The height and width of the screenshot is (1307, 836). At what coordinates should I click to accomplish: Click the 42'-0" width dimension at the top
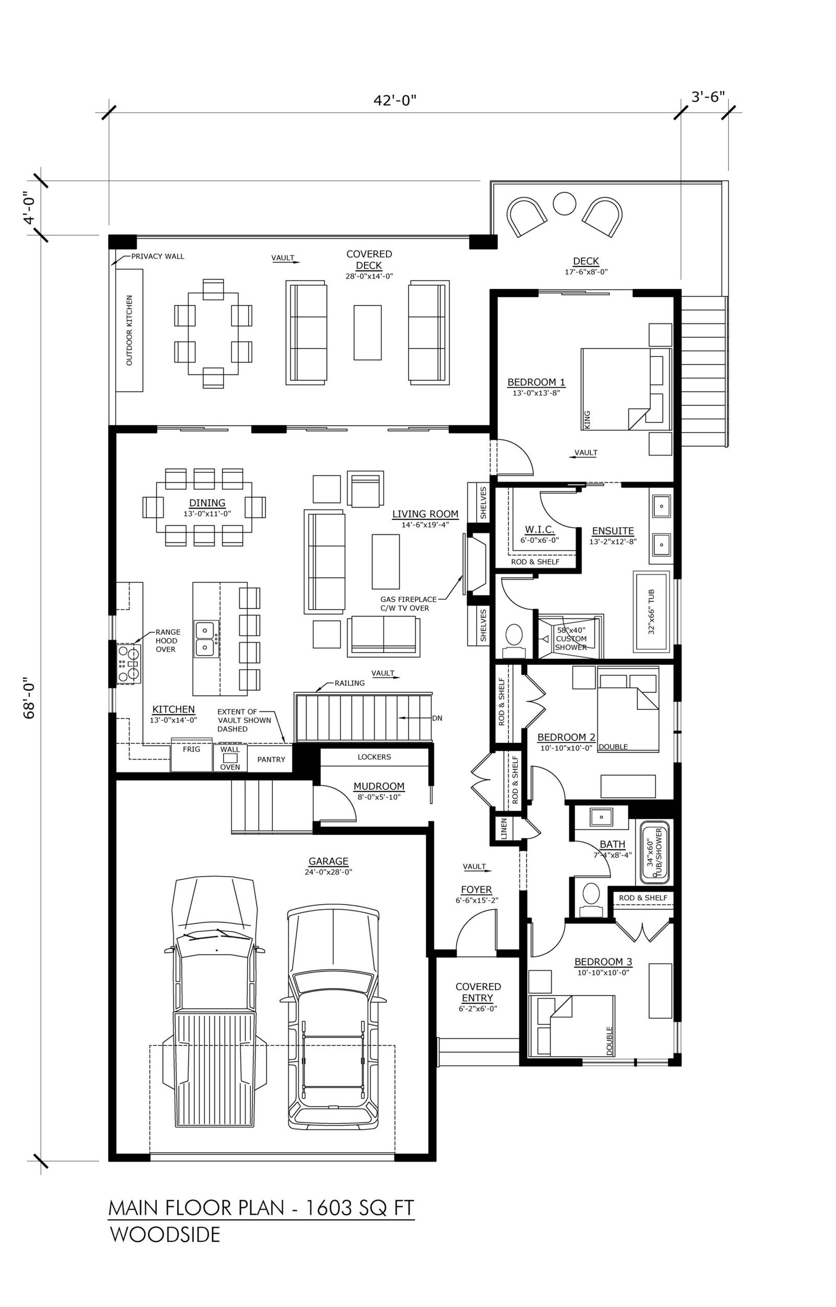[394, 100]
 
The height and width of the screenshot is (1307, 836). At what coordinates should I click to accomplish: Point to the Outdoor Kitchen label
[129, 330]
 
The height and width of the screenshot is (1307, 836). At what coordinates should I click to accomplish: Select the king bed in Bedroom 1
[626, 389]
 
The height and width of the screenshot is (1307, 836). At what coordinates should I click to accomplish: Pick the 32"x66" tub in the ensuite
[652, 611]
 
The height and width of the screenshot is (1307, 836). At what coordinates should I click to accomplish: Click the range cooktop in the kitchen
[129, 663]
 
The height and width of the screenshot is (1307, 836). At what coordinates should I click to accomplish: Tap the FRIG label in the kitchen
[191, 750]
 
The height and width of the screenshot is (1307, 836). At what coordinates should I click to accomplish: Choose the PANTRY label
[271, 760]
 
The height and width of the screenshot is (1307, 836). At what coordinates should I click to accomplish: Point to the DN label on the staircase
[437, 718]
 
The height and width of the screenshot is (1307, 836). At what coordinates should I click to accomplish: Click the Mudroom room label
[379, 786]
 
